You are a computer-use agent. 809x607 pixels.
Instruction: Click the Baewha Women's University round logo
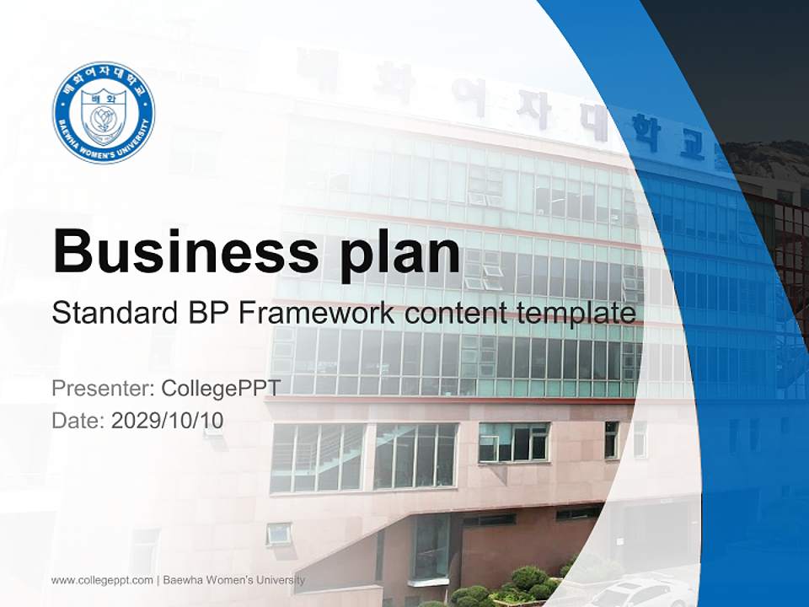[104, 112]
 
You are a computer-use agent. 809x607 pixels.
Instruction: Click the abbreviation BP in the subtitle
[206, 314]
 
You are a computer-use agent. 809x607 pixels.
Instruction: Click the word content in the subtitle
[457, 314]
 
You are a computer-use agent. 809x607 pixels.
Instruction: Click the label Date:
[78, 421]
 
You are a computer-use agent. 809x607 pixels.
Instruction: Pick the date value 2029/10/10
[168, 421]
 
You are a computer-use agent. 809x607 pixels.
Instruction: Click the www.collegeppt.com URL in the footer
[102, 580]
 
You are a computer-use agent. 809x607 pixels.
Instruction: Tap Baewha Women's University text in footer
[234, 580]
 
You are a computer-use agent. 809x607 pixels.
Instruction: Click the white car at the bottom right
[640, 594]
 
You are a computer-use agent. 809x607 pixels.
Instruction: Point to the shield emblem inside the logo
[104, 115]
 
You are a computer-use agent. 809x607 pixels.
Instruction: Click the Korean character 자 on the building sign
[528, 110]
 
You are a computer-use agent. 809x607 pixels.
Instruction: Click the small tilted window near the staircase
[279, 533]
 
